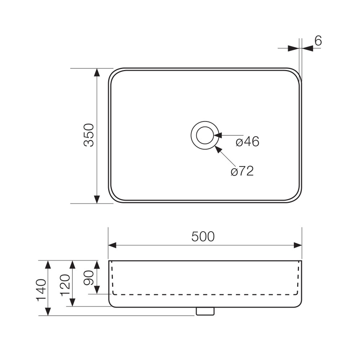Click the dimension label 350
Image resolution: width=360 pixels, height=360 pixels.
point(89,135)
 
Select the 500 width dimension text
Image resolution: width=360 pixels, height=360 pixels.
point(203,237)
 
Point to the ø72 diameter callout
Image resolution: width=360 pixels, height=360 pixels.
point(242,171)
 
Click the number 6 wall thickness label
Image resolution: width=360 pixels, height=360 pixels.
point(318,41)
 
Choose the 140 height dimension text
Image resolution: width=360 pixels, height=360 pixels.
point(41,290)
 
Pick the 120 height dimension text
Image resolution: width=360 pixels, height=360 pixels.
point(65,285)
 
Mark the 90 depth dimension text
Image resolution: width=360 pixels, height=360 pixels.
point(89,278)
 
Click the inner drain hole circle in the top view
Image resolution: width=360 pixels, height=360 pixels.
point(205,135)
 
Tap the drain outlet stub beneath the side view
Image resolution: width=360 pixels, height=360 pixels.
point(205,311)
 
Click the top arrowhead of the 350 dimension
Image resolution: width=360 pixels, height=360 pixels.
point(97,73)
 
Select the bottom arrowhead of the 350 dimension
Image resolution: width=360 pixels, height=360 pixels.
point(97,199)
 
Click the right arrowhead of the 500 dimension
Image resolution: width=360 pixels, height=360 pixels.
point(297,245)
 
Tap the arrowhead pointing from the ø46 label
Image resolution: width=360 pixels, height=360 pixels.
point(218,135)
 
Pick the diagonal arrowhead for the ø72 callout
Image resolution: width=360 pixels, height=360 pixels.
point(218,149)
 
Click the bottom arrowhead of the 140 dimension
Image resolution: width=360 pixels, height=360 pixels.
point(48,311)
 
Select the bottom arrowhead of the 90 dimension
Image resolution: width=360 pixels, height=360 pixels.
point(97,289)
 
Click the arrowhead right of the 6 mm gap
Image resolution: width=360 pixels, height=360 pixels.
point(307,49)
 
